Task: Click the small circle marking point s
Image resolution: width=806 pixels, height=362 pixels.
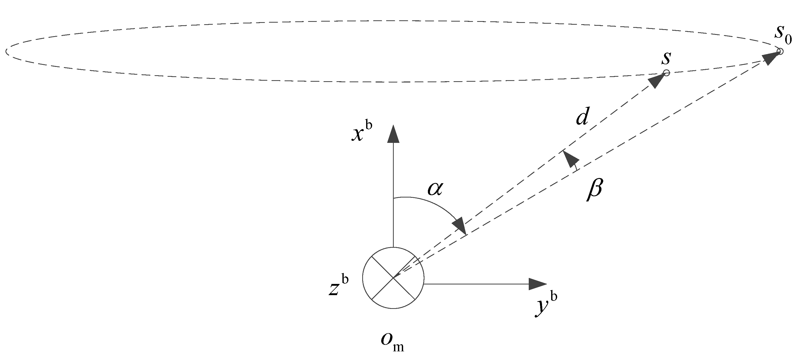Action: click(666, 73)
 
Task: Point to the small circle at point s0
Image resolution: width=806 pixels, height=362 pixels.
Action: click(780, 51)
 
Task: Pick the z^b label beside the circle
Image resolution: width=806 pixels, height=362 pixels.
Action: click(338, 284)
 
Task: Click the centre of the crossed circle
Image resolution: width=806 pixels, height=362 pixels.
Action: click(393, 278)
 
